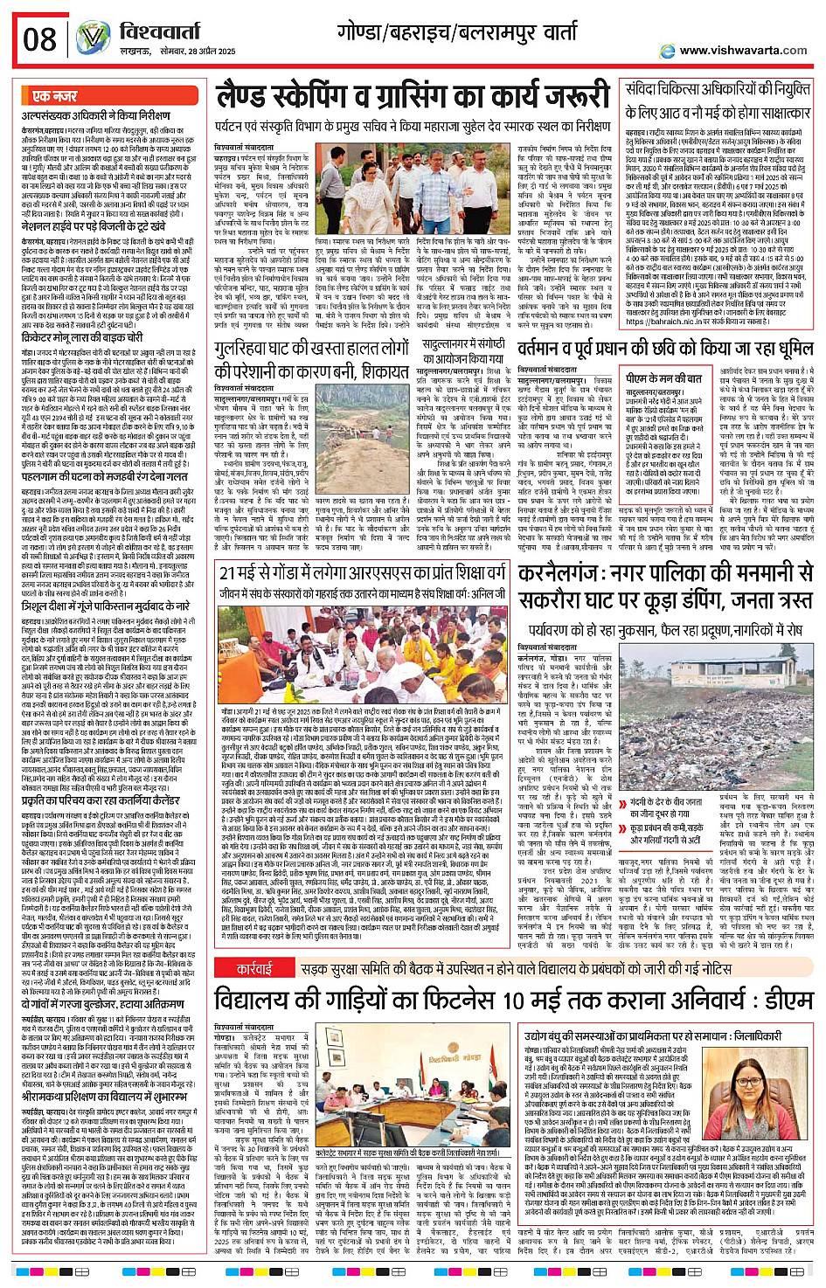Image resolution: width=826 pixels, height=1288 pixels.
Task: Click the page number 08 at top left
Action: (40, 40)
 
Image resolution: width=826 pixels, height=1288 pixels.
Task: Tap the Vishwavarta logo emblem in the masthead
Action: (93, 38)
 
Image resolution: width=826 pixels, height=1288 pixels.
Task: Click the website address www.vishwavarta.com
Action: (743, 51)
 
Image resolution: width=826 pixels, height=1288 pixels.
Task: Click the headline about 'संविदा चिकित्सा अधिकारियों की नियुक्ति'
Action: (718, 100)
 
